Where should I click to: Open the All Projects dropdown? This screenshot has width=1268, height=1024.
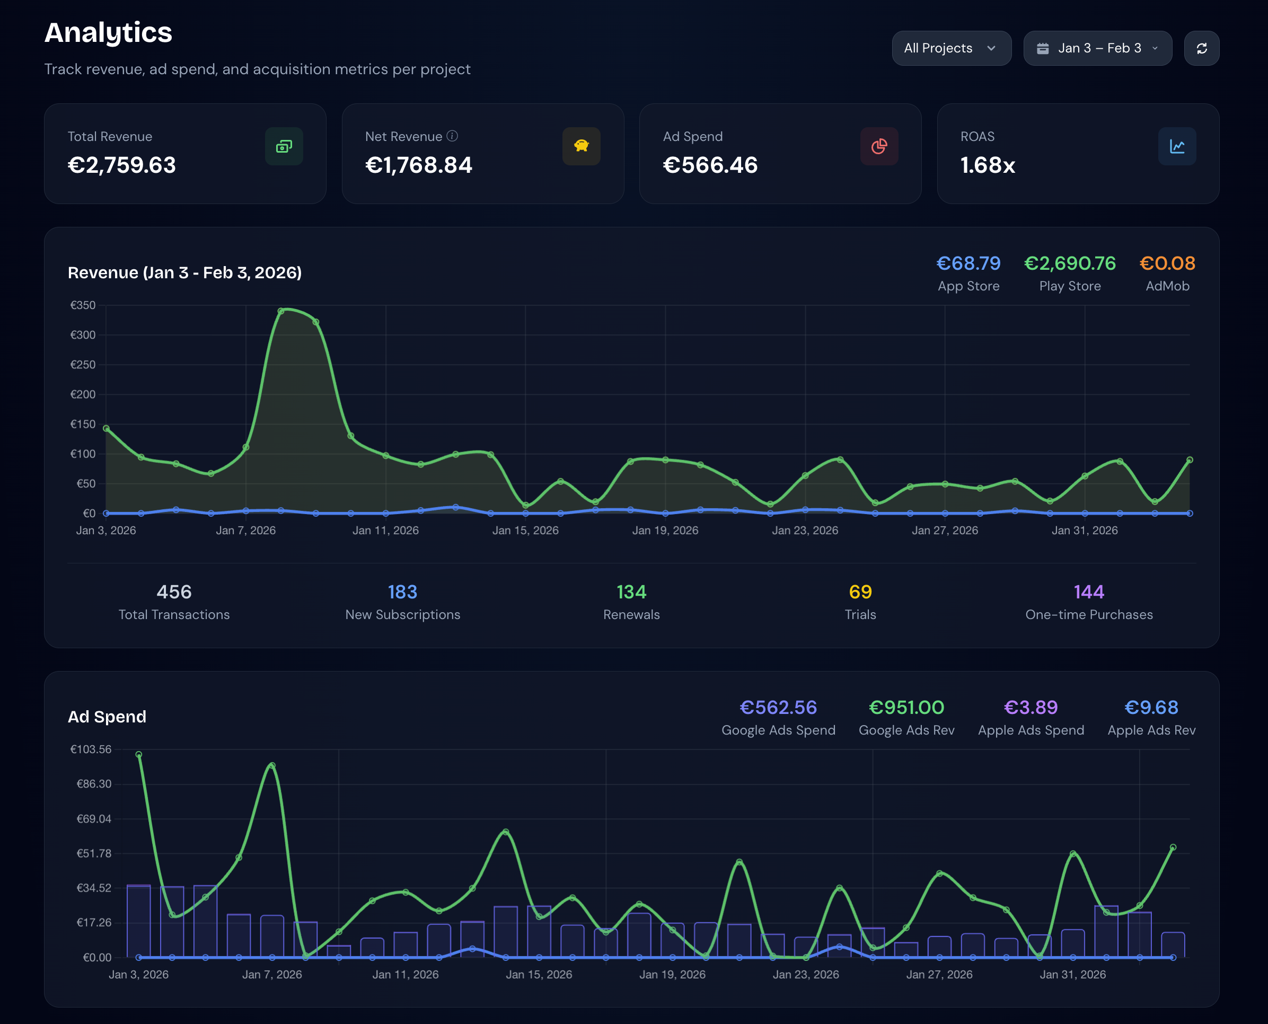coord(950,48)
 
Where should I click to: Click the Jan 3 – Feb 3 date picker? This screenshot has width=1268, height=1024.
coord(1097,48)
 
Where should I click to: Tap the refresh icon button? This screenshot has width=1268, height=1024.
coord(1201,48)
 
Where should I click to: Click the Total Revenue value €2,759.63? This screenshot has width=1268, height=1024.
coord(121,165)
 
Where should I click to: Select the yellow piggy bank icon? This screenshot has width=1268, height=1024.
coord(581,146)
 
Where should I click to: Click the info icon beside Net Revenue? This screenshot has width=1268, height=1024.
coord(453,136)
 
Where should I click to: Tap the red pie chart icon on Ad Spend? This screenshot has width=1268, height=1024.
coord(878,146)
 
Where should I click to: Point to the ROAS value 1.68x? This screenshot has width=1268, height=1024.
coord(987,165)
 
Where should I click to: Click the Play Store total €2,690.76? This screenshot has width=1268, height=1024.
coord(1069,263)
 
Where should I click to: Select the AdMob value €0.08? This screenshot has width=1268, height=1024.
coord(1167,263)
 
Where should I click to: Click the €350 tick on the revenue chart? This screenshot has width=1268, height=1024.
coord(83,305)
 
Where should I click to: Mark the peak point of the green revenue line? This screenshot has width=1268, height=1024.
coord(281,311)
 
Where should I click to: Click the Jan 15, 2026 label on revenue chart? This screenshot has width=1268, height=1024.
coord(525,530)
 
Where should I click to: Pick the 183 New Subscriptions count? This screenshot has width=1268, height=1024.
coord(402,592)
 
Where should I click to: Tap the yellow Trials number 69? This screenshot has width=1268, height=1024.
coord(860,592)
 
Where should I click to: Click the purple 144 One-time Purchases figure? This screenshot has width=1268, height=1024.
coord(1089,592)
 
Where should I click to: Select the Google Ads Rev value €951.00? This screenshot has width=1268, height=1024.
coord(906,707)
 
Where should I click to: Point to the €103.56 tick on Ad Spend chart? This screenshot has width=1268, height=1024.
coord(91,749)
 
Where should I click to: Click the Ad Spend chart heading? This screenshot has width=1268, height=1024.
coord(107,717)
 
